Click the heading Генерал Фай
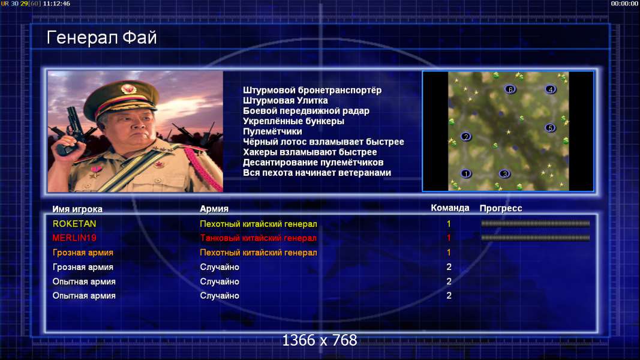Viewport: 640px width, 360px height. tap(101, 38)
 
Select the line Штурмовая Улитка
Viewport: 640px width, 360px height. tap(286, 100)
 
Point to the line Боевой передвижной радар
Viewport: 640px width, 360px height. tap(306, 111)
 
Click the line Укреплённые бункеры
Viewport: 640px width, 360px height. tap(293, 121)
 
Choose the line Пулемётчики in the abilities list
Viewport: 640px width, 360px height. tap(273, 131)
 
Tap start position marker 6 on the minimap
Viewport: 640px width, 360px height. tap(510, 89)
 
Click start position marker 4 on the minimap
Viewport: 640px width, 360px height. tap(550, 89)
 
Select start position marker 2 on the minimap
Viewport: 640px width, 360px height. tap(466, 137)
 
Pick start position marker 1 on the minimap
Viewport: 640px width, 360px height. tap(466, 174)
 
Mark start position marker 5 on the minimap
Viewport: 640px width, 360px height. tap(550, 128)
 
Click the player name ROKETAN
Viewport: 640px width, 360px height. tap(74, 224)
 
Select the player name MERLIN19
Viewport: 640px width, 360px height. tap(74, 238)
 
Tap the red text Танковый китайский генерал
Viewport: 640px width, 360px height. tap(259, 238)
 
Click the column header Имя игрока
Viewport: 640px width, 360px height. tap(77, 209)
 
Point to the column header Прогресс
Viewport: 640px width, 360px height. tap(501, 208)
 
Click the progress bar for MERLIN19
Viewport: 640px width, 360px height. tap(536, 238)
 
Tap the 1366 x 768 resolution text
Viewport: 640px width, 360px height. tap(320, 340)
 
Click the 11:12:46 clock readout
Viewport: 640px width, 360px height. tap(56, 4)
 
